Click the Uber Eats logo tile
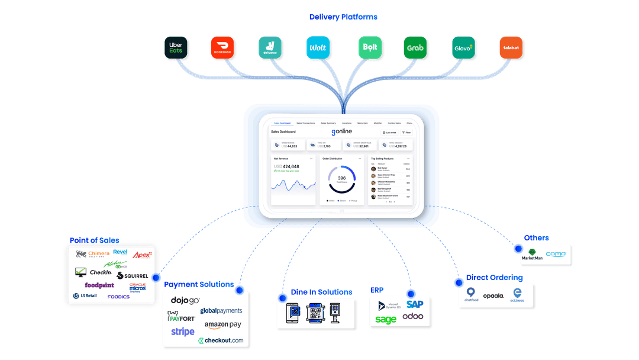pyautogui.click(x=176, y=47)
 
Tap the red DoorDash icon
pyautogui.click(x=223, y=47)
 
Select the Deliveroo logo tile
pyautogui.click(x=270, y=47)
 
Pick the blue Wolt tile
pyautogui.click(x=318, y=47)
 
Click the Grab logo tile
pyautogui.click(x=415, y=47)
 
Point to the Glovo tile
pyautogui.click(x=463, y=47)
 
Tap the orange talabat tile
pyautogui.click(x=511, y=47)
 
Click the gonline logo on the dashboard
pyautogui.click(x=343, y=131)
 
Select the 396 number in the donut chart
pyautogui.click(x=341, y=178)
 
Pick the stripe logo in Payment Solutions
pyautogui.click(x=183, y=332)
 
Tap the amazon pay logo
pyautogui.click(x=223, y=324)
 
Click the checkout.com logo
pyautogui.click(x=221, y=340)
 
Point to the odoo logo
pyautogui.click(x=412, y=316)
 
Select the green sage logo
pyautogui.click(x=386, y=320)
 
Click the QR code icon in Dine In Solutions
pyautogui.click(x=316, y=312)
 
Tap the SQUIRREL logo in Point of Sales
pyautogui.click(x=132, y=275)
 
